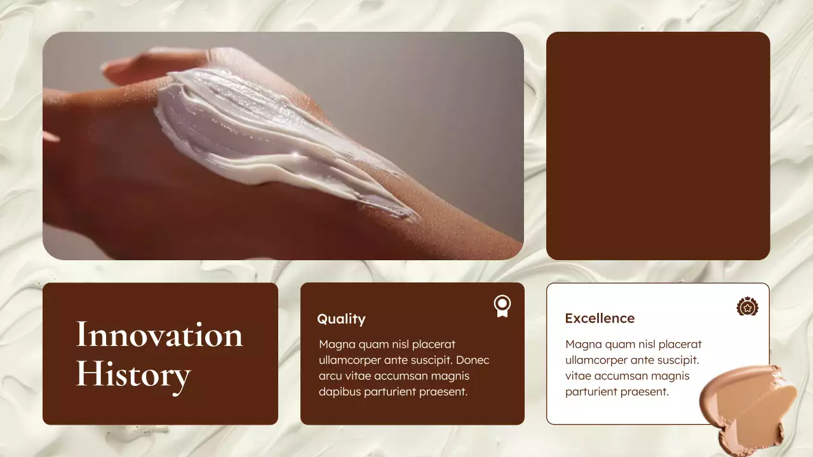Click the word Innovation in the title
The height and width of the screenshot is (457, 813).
pyautogui.click(x=159, y=334)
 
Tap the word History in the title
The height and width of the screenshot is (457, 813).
pyautogui.click(x=133, y=374)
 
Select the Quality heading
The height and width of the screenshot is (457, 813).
pyautogui.click(x=341, y=319)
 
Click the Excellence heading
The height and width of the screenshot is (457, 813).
pyautogui.click(x=600, y=318)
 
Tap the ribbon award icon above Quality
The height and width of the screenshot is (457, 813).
pyautogui.click(x=502, y=306)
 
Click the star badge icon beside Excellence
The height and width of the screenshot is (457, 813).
pyautogui.click(x=748, y=307)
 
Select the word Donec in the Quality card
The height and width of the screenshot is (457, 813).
pyautogui.click(x=473, y=360)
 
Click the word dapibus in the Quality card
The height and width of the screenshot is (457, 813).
pyautogui.click(x=340, y=392)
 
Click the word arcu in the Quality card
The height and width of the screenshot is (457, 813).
pyautogui.click(x=330, y=376)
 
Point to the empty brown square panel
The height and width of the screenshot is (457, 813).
pyautogui.click(x=658, y=146)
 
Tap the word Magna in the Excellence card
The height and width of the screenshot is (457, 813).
pyautogui.click(x=582, y=344)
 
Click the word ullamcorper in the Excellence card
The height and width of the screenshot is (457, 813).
pyautogui.click(x=597, y=360)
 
